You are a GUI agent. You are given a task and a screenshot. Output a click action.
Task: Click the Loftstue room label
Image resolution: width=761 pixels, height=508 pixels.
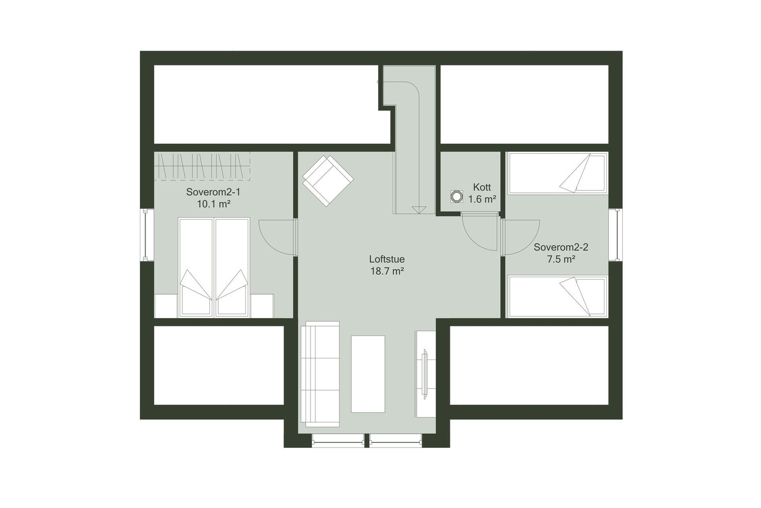coord(387,259)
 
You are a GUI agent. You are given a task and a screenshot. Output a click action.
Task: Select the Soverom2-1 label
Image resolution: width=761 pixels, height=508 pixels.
coord(213,192)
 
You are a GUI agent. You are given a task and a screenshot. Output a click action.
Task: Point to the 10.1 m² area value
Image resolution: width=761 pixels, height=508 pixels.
coord(214,205)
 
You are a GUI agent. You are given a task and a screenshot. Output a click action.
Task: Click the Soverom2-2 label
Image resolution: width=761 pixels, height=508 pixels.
coord(561,247)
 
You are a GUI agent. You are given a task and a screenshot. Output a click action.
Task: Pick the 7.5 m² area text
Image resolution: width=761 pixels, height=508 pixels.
coord(561,259)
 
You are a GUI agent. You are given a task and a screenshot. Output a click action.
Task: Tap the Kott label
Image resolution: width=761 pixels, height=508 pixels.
coord(482,187)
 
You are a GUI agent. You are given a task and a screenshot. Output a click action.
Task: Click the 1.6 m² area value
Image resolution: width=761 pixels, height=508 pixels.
coord(482,199)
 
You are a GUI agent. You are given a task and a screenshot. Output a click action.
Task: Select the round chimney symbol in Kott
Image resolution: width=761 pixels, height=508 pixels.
coord(457,196)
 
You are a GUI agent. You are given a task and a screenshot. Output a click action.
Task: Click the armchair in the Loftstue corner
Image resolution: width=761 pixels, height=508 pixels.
coord(328,180)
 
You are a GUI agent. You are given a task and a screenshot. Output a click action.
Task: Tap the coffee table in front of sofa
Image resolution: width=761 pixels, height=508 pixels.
coord(368,374)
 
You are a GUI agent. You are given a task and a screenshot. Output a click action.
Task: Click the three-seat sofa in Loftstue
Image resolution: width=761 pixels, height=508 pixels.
coord(320,374)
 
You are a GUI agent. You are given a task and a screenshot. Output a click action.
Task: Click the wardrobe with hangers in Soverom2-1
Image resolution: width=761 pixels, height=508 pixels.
coord(203,166)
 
